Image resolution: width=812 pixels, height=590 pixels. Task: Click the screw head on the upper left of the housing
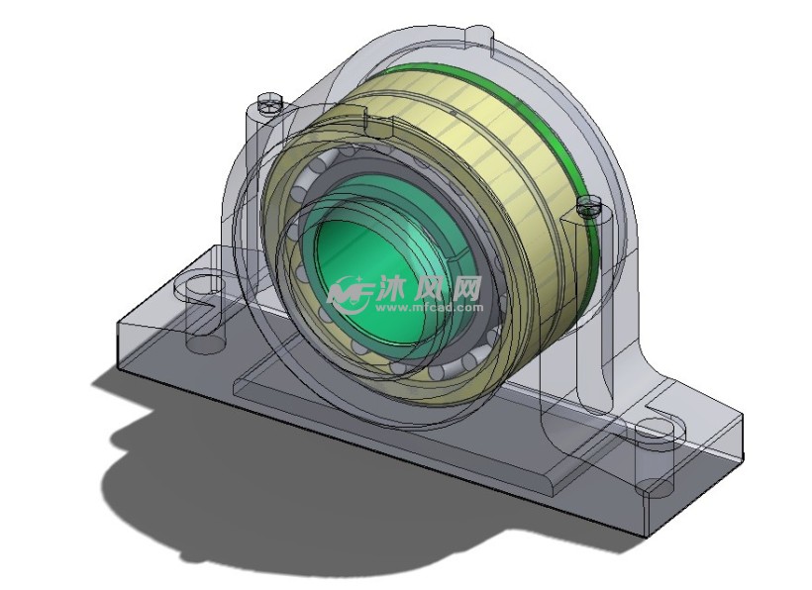click(x=268, y=102)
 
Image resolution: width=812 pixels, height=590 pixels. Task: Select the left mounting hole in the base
click(x=198, y=283)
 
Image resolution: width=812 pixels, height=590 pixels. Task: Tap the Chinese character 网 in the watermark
click(x=465, y=288)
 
